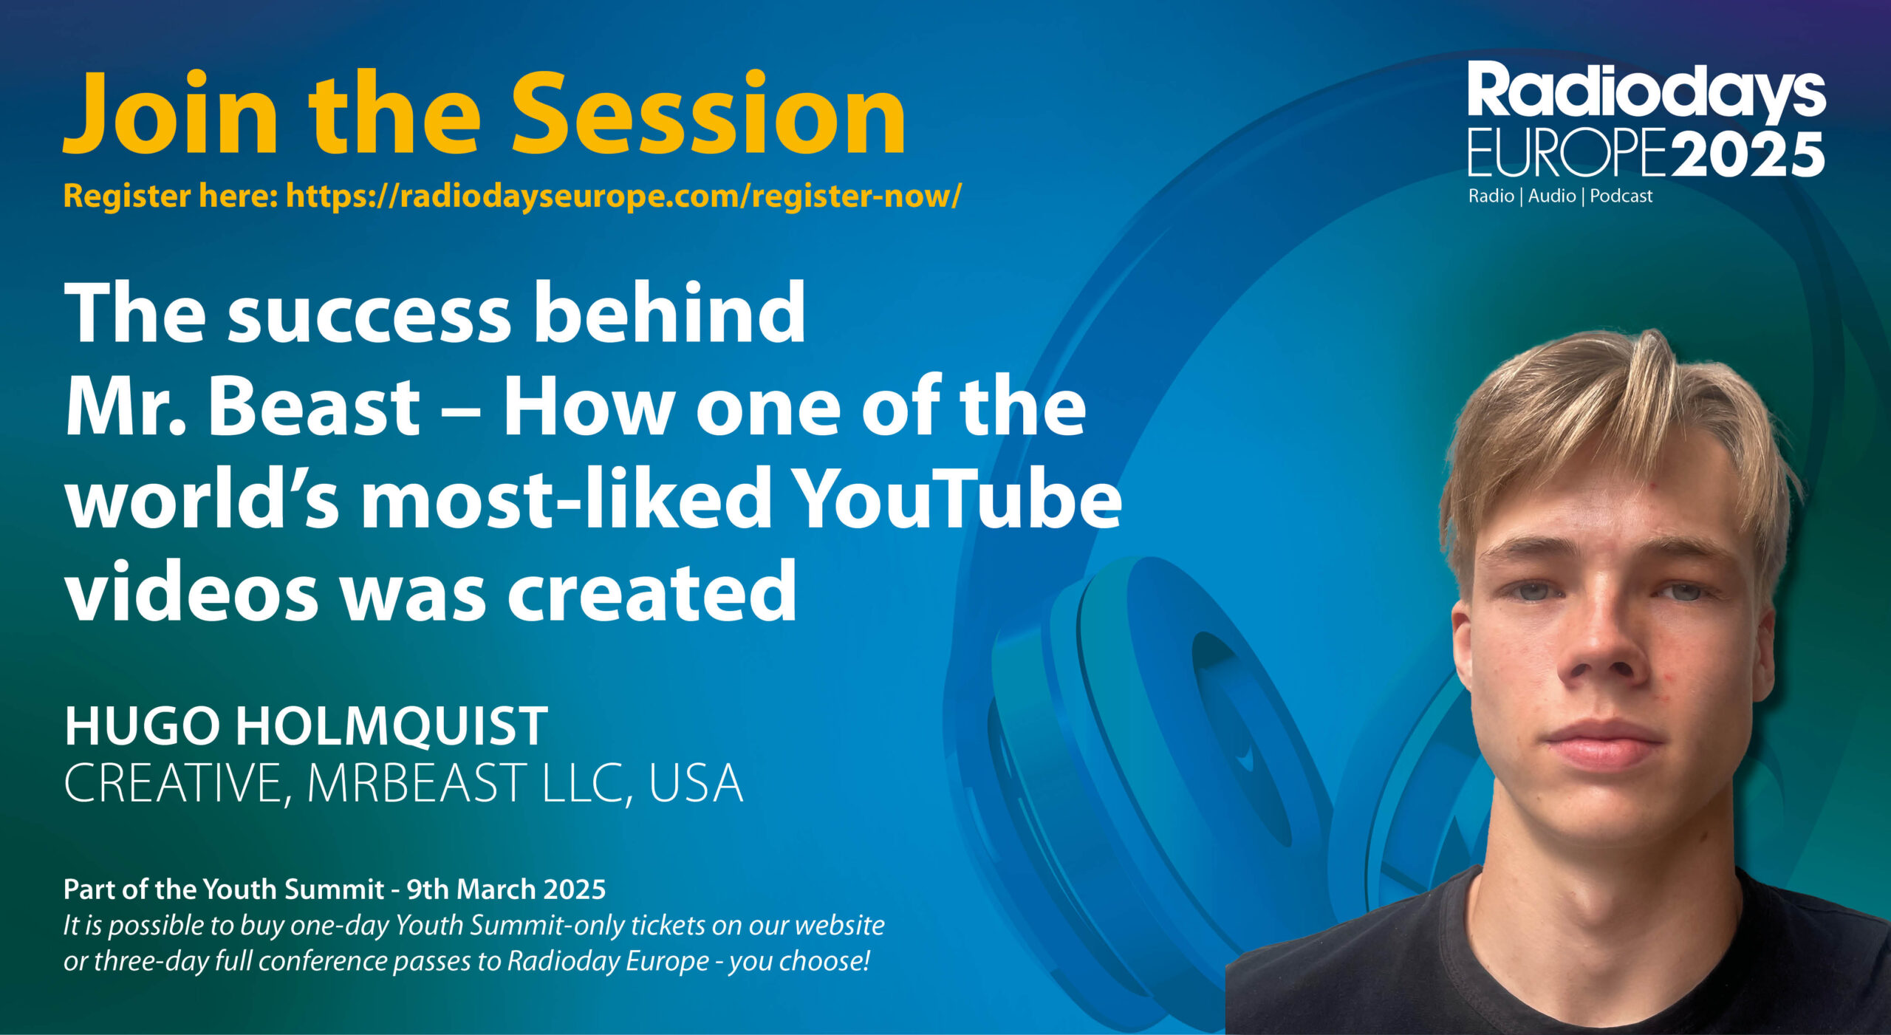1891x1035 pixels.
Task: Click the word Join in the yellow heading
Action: tap(171, 113)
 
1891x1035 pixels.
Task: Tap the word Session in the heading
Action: tap(708, 113)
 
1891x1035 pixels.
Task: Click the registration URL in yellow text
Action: tap(624, 197)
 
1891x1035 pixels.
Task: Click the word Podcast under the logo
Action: tap(1621, 197)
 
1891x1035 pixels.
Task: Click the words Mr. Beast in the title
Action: tap(243, 406)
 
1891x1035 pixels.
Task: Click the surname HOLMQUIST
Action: tap(392, 727)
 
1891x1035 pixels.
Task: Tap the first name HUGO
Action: tap(143, 727)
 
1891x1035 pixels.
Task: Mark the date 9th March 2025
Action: tap(506, 889)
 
